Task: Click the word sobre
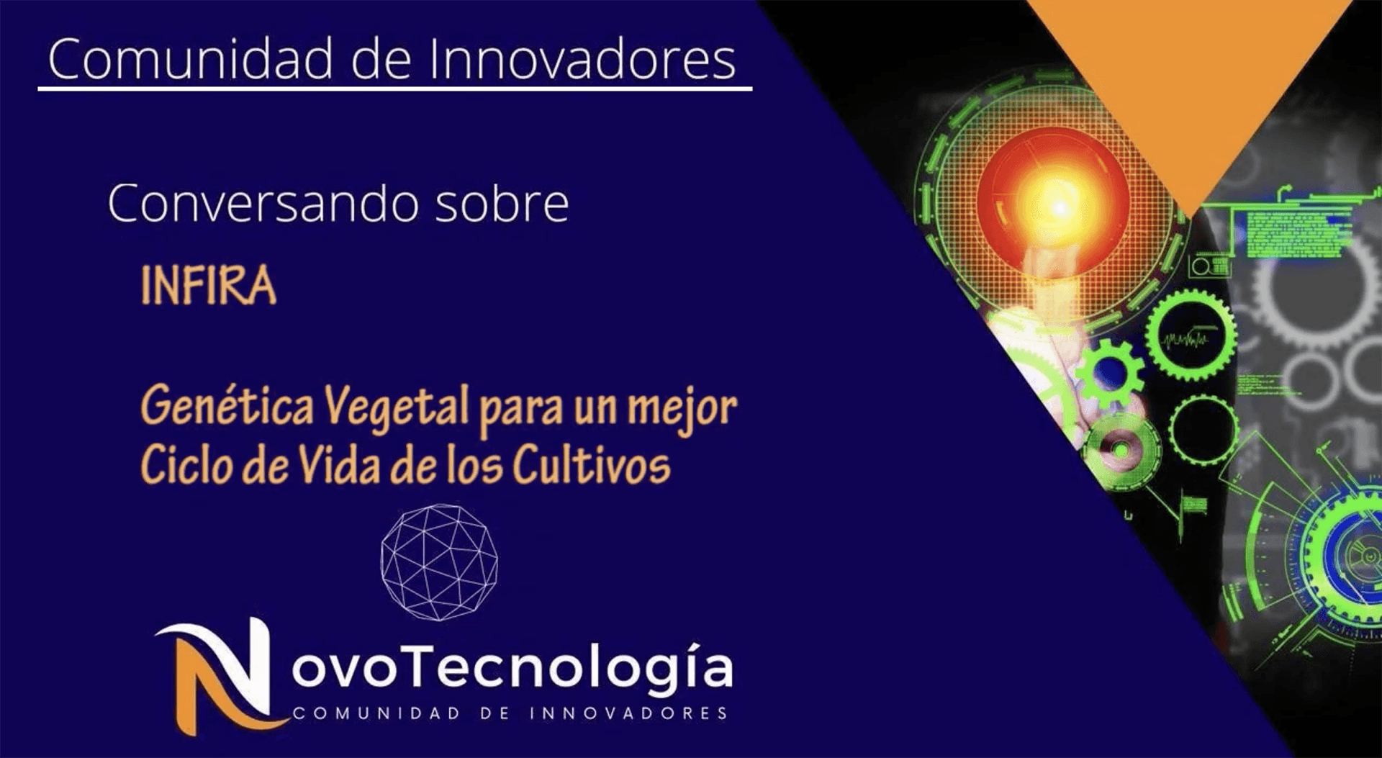[x=502, y=204]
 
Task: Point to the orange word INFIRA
[x=208, y=286]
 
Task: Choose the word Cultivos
[x=591, y=465]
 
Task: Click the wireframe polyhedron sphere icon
[x=438, y=561]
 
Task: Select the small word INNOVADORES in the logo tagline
[x=628, y=713]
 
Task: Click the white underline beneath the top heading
[x=394, y=89]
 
